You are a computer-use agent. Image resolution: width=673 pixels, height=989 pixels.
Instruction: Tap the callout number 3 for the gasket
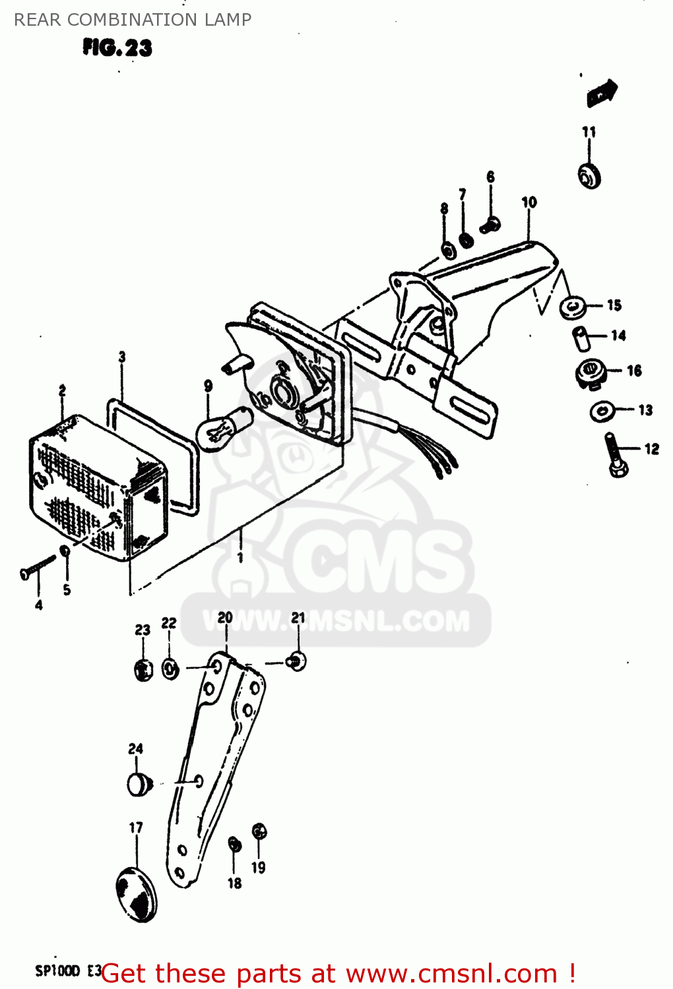[122, 357]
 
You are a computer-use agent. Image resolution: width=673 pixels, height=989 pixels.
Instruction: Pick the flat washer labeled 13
[602, 412]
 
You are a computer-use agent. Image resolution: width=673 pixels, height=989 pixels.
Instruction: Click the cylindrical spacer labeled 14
[580, 338]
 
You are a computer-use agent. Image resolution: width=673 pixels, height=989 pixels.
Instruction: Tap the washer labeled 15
[572, 306]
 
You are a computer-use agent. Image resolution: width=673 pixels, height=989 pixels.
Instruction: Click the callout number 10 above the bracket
[529, 202]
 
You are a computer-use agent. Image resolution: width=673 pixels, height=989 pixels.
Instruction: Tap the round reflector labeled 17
[137, 894]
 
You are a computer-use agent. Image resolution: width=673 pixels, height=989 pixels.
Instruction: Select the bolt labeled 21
[296, 661]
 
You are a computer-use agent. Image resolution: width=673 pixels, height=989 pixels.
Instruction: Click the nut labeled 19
[259, 832]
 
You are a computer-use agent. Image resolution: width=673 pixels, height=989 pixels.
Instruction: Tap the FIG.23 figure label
[117, 47]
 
